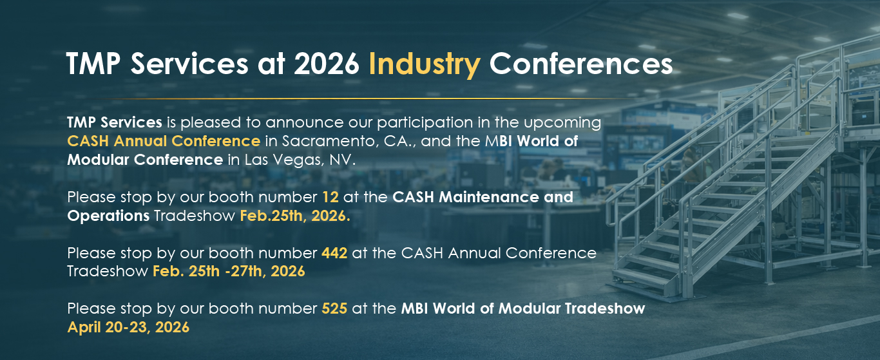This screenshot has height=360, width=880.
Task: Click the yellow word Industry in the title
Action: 425,64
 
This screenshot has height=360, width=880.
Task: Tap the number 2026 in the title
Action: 327,63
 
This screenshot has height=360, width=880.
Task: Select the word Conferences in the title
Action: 581,63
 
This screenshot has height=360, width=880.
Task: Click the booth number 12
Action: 330,197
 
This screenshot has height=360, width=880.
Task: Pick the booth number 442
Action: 334,253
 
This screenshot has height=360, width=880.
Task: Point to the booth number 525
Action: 334,308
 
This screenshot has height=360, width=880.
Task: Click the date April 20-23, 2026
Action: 128,327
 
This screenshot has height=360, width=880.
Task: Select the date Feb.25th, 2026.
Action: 294,216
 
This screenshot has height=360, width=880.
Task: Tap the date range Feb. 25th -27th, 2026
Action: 229,271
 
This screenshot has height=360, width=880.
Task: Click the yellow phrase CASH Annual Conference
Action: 164,141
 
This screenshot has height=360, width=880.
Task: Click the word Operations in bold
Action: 108,216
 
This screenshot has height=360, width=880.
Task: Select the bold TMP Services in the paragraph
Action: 114,122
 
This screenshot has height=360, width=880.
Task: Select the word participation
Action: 425,123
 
